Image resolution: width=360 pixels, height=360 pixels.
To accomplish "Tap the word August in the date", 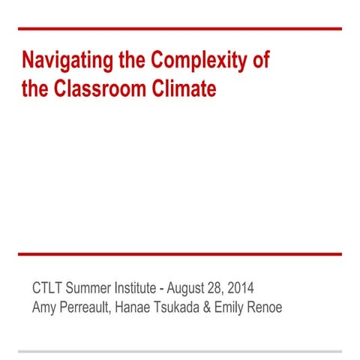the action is point(190,288).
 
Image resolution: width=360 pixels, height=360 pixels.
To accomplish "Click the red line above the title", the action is point(180,28).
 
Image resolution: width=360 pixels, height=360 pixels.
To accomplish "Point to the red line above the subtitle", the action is point(180,254).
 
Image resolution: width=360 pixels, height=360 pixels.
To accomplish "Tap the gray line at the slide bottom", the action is point(180,350).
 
